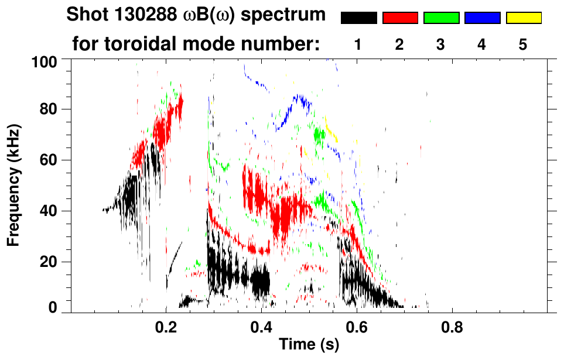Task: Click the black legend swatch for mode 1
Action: point(358,18)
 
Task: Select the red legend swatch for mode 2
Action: point(399,18)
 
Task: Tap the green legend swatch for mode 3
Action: point(440,18)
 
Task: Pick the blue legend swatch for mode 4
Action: point(482,18)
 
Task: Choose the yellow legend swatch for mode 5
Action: point(523,18)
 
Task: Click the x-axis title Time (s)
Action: point(308,344)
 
